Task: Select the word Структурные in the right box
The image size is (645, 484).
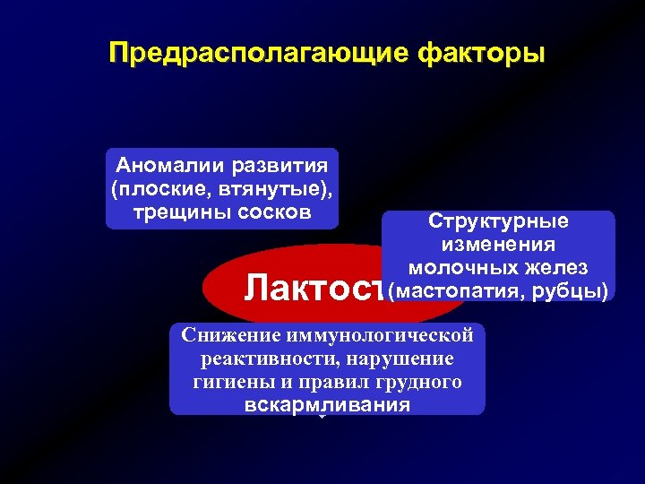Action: point(497,221)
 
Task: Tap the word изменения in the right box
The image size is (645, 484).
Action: point(497,245)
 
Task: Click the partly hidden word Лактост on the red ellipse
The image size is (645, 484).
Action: point(314,289)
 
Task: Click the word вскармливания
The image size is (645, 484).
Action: point(326,405)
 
